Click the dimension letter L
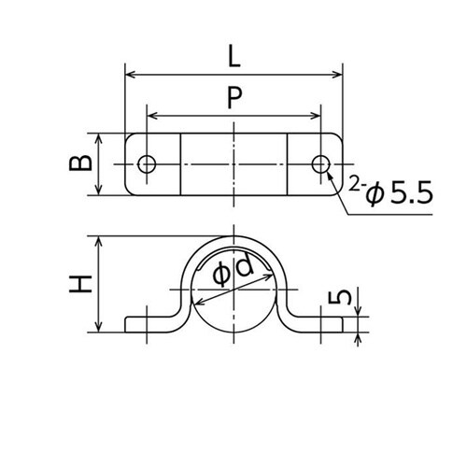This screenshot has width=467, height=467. click(233, 57)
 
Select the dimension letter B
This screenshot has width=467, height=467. click(81, 163)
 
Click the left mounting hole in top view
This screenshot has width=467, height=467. click(146, 164)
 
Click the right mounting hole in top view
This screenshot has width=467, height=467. click(321, 164)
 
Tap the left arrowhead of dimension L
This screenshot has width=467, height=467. click(130, 74)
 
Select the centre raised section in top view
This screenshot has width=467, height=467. click(233, 164)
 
